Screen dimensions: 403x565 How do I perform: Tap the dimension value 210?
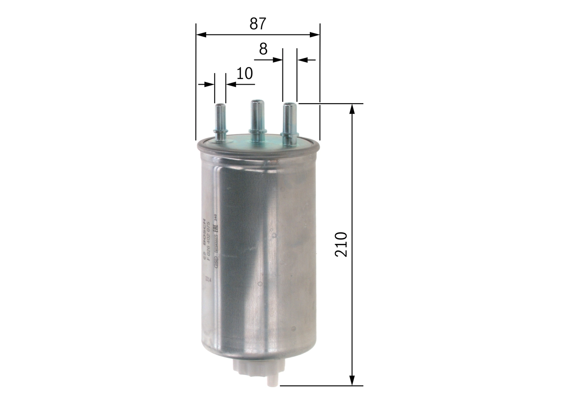pos(342,244)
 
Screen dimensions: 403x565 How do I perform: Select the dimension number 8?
pos(263,49)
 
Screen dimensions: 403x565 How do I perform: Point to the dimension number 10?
pos(244,73)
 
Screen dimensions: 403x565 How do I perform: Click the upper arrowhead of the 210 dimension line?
pos(352,108)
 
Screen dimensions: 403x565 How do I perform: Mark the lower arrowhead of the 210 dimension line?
pos(352,381)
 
